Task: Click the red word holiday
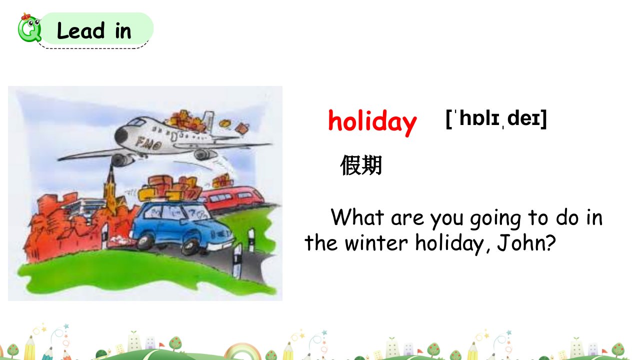pyautogui.click(x=372, y=122)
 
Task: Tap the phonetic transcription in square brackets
pyautogui.click(x=496, y=118)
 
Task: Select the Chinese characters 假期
pyautogui.click(x=361, y=165)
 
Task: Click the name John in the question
pyautogui.click(x=520, y=243)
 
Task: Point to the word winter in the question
pyautogui.click(x=376, y=243)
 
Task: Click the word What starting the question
pyautogui.click(x=357, y=217)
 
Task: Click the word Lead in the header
pyautogui.click(x=81, y=30)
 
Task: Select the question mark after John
pyautogui.click(x=550, y=243)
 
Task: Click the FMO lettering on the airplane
pyautogui.click(x=148, y=143)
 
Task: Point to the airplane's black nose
pyautogui.click(x=121, y=135)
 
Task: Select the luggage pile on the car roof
pyautogui.click(x=170, y=188)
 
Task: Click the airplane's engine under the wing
pyautogui.click(x=123, y=160)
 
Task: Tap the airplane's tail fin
pyautogui.click(x=208, y=121)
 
